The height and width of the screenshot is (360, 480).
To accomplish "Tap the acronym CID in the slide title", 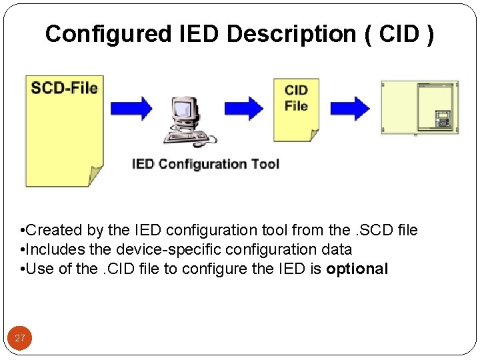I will click(398, 34).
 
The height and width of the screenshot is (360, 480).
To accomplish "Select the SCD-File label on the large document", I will click(64, 88).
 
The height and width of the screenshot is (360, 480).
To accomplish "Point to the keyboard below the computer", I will click(188, 138).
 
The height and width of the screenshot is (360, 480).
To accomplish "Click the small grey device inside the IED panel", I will click(443, 119).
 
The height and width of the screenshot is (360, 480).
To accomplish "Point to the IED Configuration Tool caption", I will click(205, 164).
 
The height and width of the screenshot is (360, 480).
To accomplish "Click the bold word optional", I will click(357, 269).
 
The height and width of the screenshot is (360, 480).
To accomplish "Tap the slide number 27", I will click(20, 339).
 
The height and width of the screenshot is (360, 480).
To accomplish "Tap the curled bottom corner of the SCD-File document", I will click(94, 176).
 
